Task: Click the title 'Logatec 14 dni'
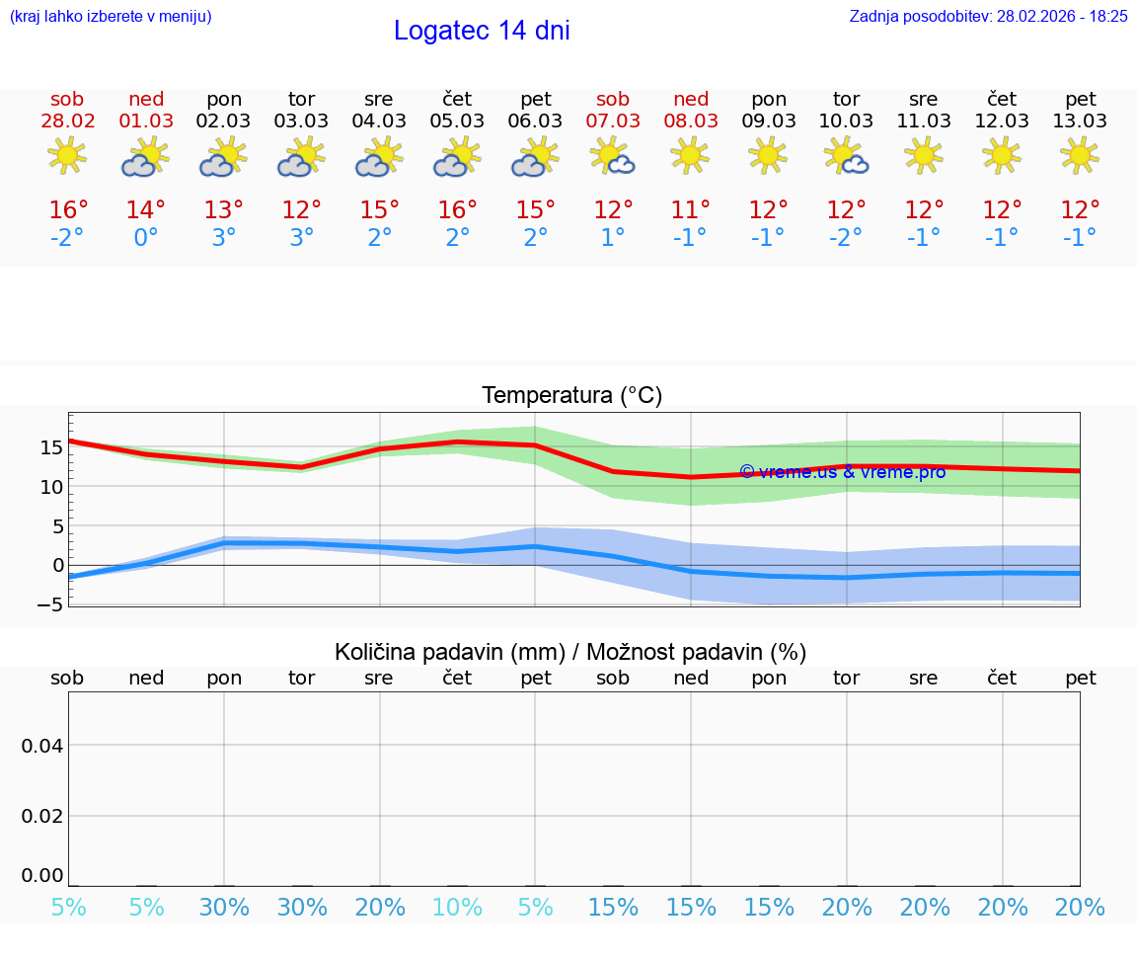(x=482, y=31)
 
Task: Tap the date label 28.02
(x=67, y=121)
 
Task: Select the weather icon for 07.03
(x=613, y=156)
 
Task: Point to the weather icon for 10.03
(x=846, y=156)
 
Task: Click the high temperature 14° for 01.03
(x=146, y=210)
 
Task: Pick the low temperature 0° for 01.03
(x=146, y=238)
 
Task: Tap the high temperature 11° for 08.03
(x=691, y=210)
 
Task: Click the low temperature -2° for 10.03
(x=846, y=238)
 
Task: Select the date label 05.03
(x=457, y=121)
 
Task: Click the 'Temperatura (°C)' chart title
(x=571, y=396)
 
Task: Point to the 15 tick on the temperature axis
(x=51, y=446)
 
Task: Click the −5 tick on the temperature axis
(x=51, y=604)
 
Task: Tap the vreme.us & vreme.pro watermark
(x=842, y=472)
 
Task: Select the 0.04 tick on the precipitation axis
(x=42, y=746)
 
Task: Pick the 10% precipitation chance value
(x=457, y=908)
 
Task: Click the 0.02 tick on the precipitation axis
(x=42, y=816)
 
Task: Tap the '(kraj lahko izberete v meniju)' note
(x=110, y=17)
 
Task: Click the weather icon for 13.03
(x=1080, y=156)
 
